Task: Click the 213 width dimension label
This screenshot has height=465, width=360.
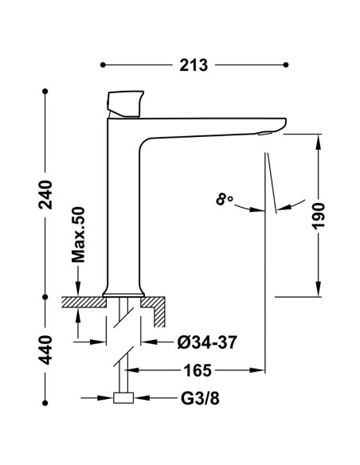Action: pyautogui.click(x=194, y=65)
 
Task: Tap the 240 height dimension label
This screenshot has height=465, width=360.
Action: pyautogui.click(x=45, y=194)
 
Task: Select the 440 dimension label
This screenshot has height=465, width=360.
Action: pyautogui.click(x=45, y=350)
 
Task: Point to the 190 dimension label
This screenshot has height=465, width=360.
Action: pyautogui.click(x=319, y=216)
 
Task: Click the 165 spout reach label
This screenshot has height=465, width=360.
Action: pyautogui.click(x=198, y=370)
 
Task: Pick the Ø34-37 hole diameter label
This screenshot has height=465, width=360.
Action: pyautogui.click(x=207, y=342)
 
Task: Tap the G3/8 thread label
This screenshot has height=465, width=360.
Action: pyautogui.click(x=200, y=399)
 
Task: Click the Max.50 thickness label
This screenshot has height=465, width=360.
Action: pyautogui.click(x=78, y=235)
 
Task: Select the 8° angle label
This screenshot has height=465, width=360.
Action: pyautogui.click(x=224, y=199)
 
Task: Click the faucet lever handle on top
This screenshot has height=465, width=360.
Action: pyautogui.click(x=125, y=104)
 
